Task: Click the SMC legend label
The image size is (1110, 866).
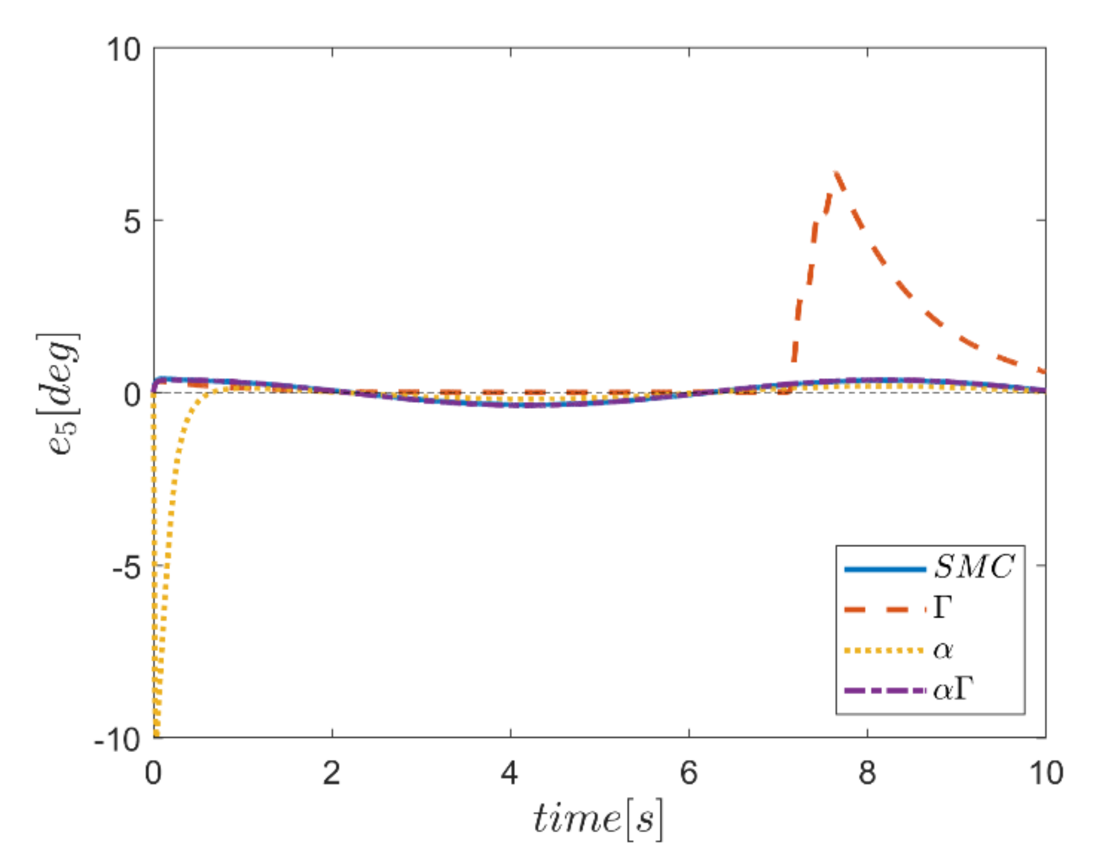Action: point(974,567)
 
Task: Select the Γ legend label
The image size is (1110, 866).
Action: point(943,608)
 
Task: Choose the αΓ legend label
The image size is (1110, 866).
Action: point(953,690)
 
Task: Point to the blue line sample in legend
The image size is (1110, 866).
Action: point(884,569)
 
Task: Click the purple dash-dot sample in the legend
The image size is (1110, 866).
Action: point(884,691)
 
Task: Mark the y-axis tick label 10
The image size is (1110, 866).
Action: point(123,50)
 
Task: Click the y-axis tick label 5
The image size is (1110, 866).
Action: point(132,222)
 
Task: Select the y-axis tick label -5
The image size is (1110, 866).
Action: point(126,567)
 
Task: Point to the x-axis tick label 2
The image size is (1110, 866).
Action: point(331,773)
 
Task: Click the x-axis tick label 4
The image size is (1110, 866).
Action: point(510,773)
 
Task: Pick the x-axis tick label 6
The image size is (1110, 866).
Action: point(689,773)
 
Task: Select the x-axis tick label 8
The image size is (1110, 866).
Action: point(867,773)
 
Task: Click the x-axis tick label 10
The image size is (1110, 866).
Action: point(1046,773)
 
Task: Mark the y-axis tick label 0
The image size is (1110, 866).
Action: point(132,394)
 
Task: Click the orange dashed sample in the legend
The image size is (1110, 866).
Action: point(884,610)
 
